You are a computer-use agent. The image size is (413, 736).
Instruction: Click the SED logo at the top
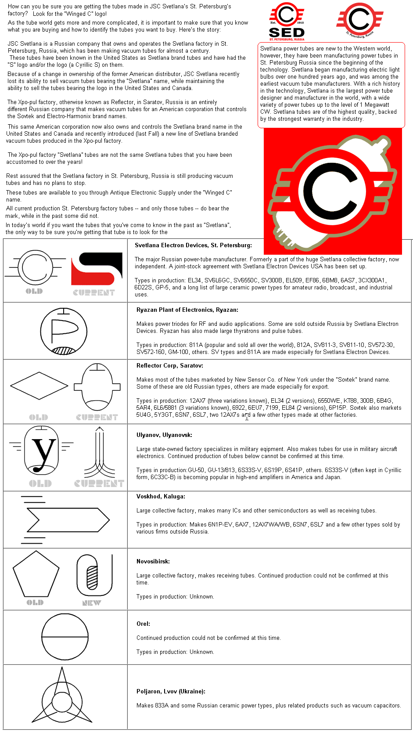[x=287, y=22]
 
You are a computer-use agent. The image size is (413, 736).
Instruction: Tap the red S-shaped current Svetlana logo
[x=97, y=269]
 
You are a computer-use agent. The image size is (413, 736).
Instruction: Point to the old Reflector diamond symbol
[x=39, y=386]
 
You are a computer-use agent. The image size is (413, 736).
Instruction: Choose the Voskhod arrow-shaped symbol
[x=66, y=520]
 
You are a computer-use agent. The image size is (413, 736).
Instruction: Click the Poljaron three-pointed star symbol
[x=61, y=698]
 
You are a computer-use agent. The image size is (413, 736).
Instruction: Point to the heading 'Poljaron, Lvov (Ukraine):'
[x=171, y=692]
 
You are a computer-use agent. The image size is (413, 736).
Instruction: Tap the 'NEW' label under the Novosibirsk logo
[x=91, y=603]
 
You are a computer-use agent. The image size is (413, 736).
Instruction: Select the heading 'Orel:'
[x=143, y=624]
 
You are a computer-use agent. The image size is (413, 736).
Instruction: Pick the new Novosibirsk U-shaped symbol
[x=94, y=575]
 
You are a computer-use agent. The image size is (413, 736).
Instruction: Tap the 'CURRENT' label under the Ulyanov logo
[x=99, y=483]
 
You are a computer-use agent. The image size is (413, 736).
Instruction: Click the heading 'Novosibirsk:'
[x=153, y=562]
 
